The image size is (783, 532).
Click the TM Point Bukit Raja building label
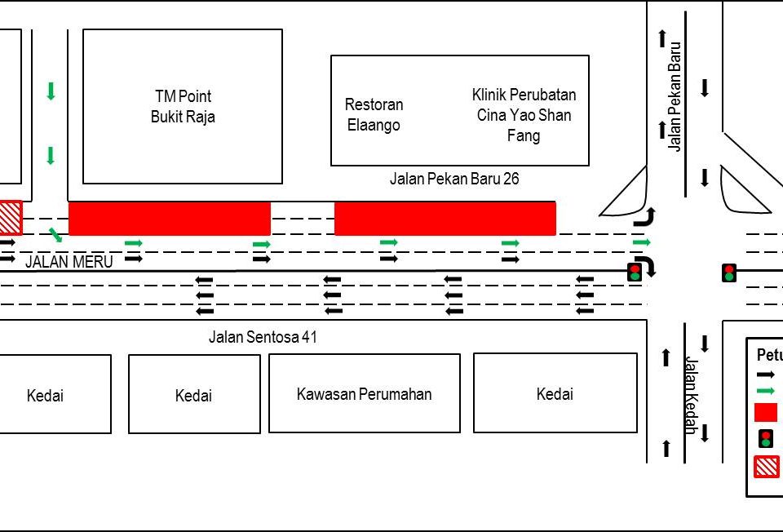click(183, 107)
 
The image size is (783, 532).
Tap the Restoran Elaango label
click(374, 115)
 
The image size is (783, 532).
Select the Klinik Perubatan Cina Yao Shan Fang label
click(524, 115)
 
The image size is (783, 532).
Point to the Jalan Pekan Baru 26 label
click(454, 179)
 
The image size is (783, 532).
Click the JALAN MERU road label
click(69, 262)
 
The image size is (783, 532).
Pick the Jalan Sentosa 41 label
click(263, 337)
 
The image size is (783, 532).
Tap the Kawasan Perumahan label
click(364, 394)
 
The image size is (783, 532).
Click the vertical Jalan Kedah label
click(690, 396)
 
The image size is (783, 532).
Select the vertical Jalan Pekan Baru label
click(674, 96)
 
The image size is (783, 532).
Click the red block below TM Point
click(170, 219)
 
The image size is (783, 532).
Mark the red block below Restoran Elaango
click(445, 219)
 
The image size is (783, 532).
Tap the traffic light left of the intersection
click(635, 273)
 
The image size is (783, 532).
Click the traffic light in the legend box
click(766, 439)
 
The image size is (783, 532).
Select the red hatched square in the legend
click(766, 467)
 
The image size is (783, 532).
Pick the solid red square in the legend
click(766, 412)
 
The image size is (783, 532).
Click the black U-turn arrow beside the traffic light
click(645, 266)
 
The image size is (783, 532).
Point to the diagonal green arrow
click(55, 236)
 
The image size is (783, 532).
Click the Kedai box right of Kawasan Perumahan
click(555, 394)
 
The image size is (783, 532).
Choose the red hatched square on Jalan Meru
click(9, 218)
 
